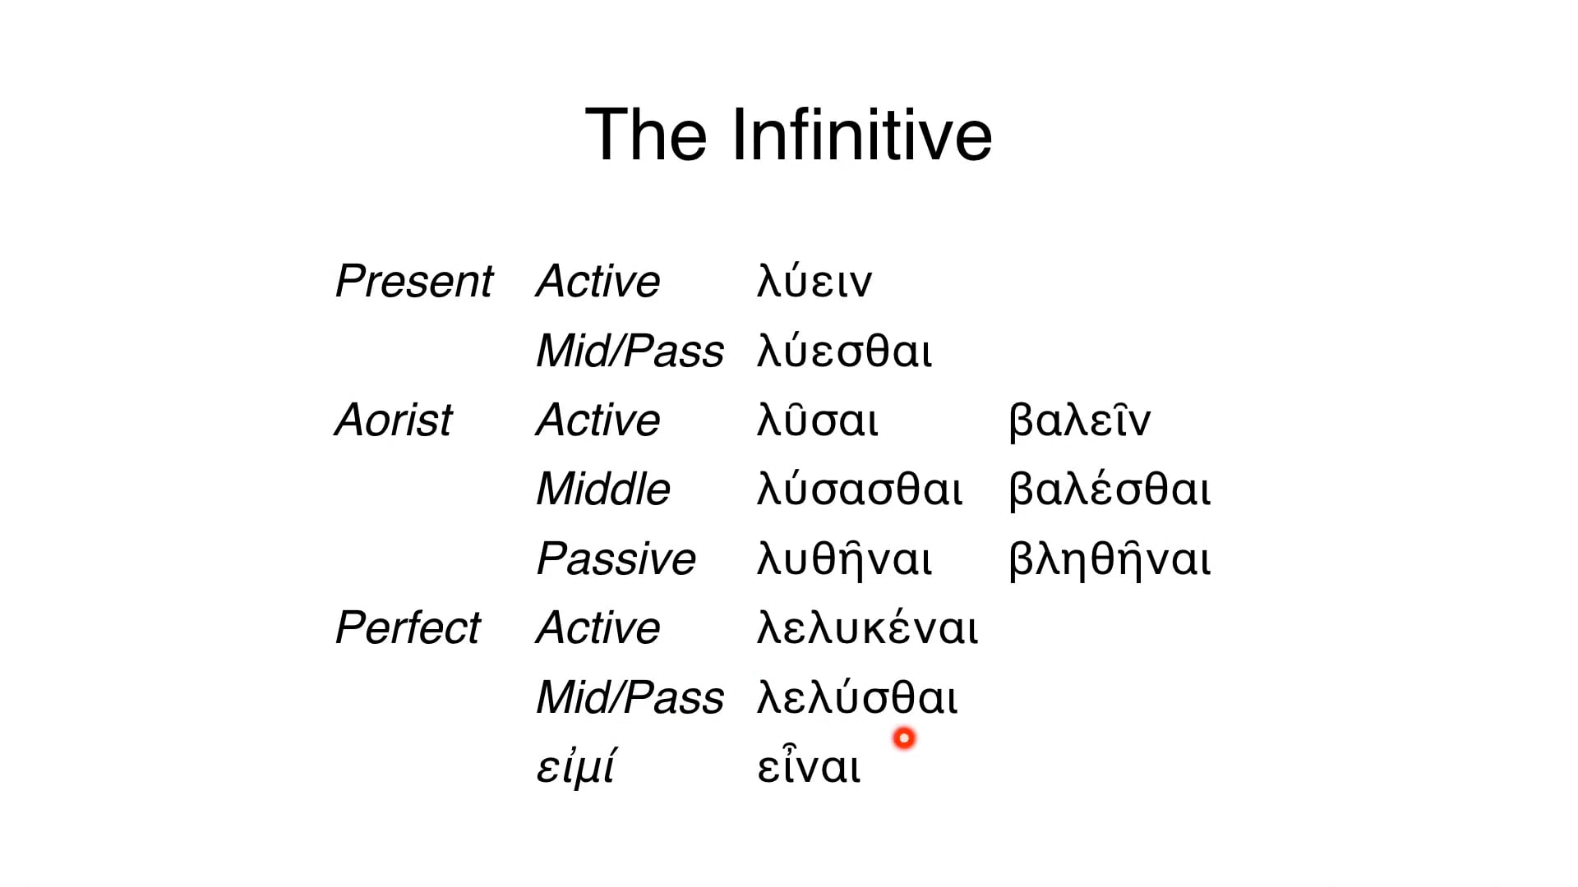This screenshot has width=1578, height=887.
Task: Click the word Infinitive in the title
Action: point(861,136)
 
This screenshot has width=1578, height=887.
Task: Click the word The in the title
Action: point(646,136)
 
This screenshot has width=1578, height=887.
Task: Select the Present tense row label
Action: point(414,282)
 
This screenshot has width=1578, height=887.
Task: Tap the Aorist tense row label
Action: point(394,421)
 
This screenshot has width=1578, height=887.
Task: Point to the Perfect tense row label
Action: point(408,628)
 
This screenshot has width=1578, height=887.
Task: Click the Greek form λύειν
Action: point(814,282)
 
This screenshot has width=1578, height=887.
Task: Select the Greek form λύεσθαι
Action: point(845,352)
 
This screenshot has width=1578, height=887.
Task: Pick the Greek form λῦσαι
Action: point(818,421)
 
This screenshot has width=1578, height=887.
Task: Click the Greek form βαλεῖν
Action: point(1080,421)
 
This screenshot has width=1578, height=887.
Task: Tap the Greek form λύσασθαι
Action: point(860,489)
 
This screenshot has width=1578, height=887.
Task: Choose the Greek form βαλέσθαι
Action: point(1110,489)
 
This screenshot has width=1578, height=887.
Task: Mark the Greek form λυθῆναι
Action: point(845,559)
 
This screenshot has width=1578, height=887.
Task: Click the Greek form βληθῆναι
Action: point(1110,559)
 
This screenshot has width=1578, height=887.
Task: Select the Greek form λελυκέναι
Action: point(868,628)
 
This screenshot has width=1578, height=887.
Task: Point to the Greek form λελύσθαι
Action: point(857,698)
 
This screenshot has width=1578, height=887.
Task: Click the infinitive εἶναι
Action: point(809,767)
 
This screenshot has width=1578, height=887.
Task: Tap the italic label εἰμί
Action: point(575,767)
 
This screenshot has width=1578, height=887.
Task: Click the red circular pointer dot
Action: point(904,738)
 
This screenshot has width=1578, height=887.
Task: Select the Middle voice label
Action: point(603,489)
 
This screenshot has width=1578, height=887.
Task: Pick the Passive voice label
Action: point(616,559)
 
